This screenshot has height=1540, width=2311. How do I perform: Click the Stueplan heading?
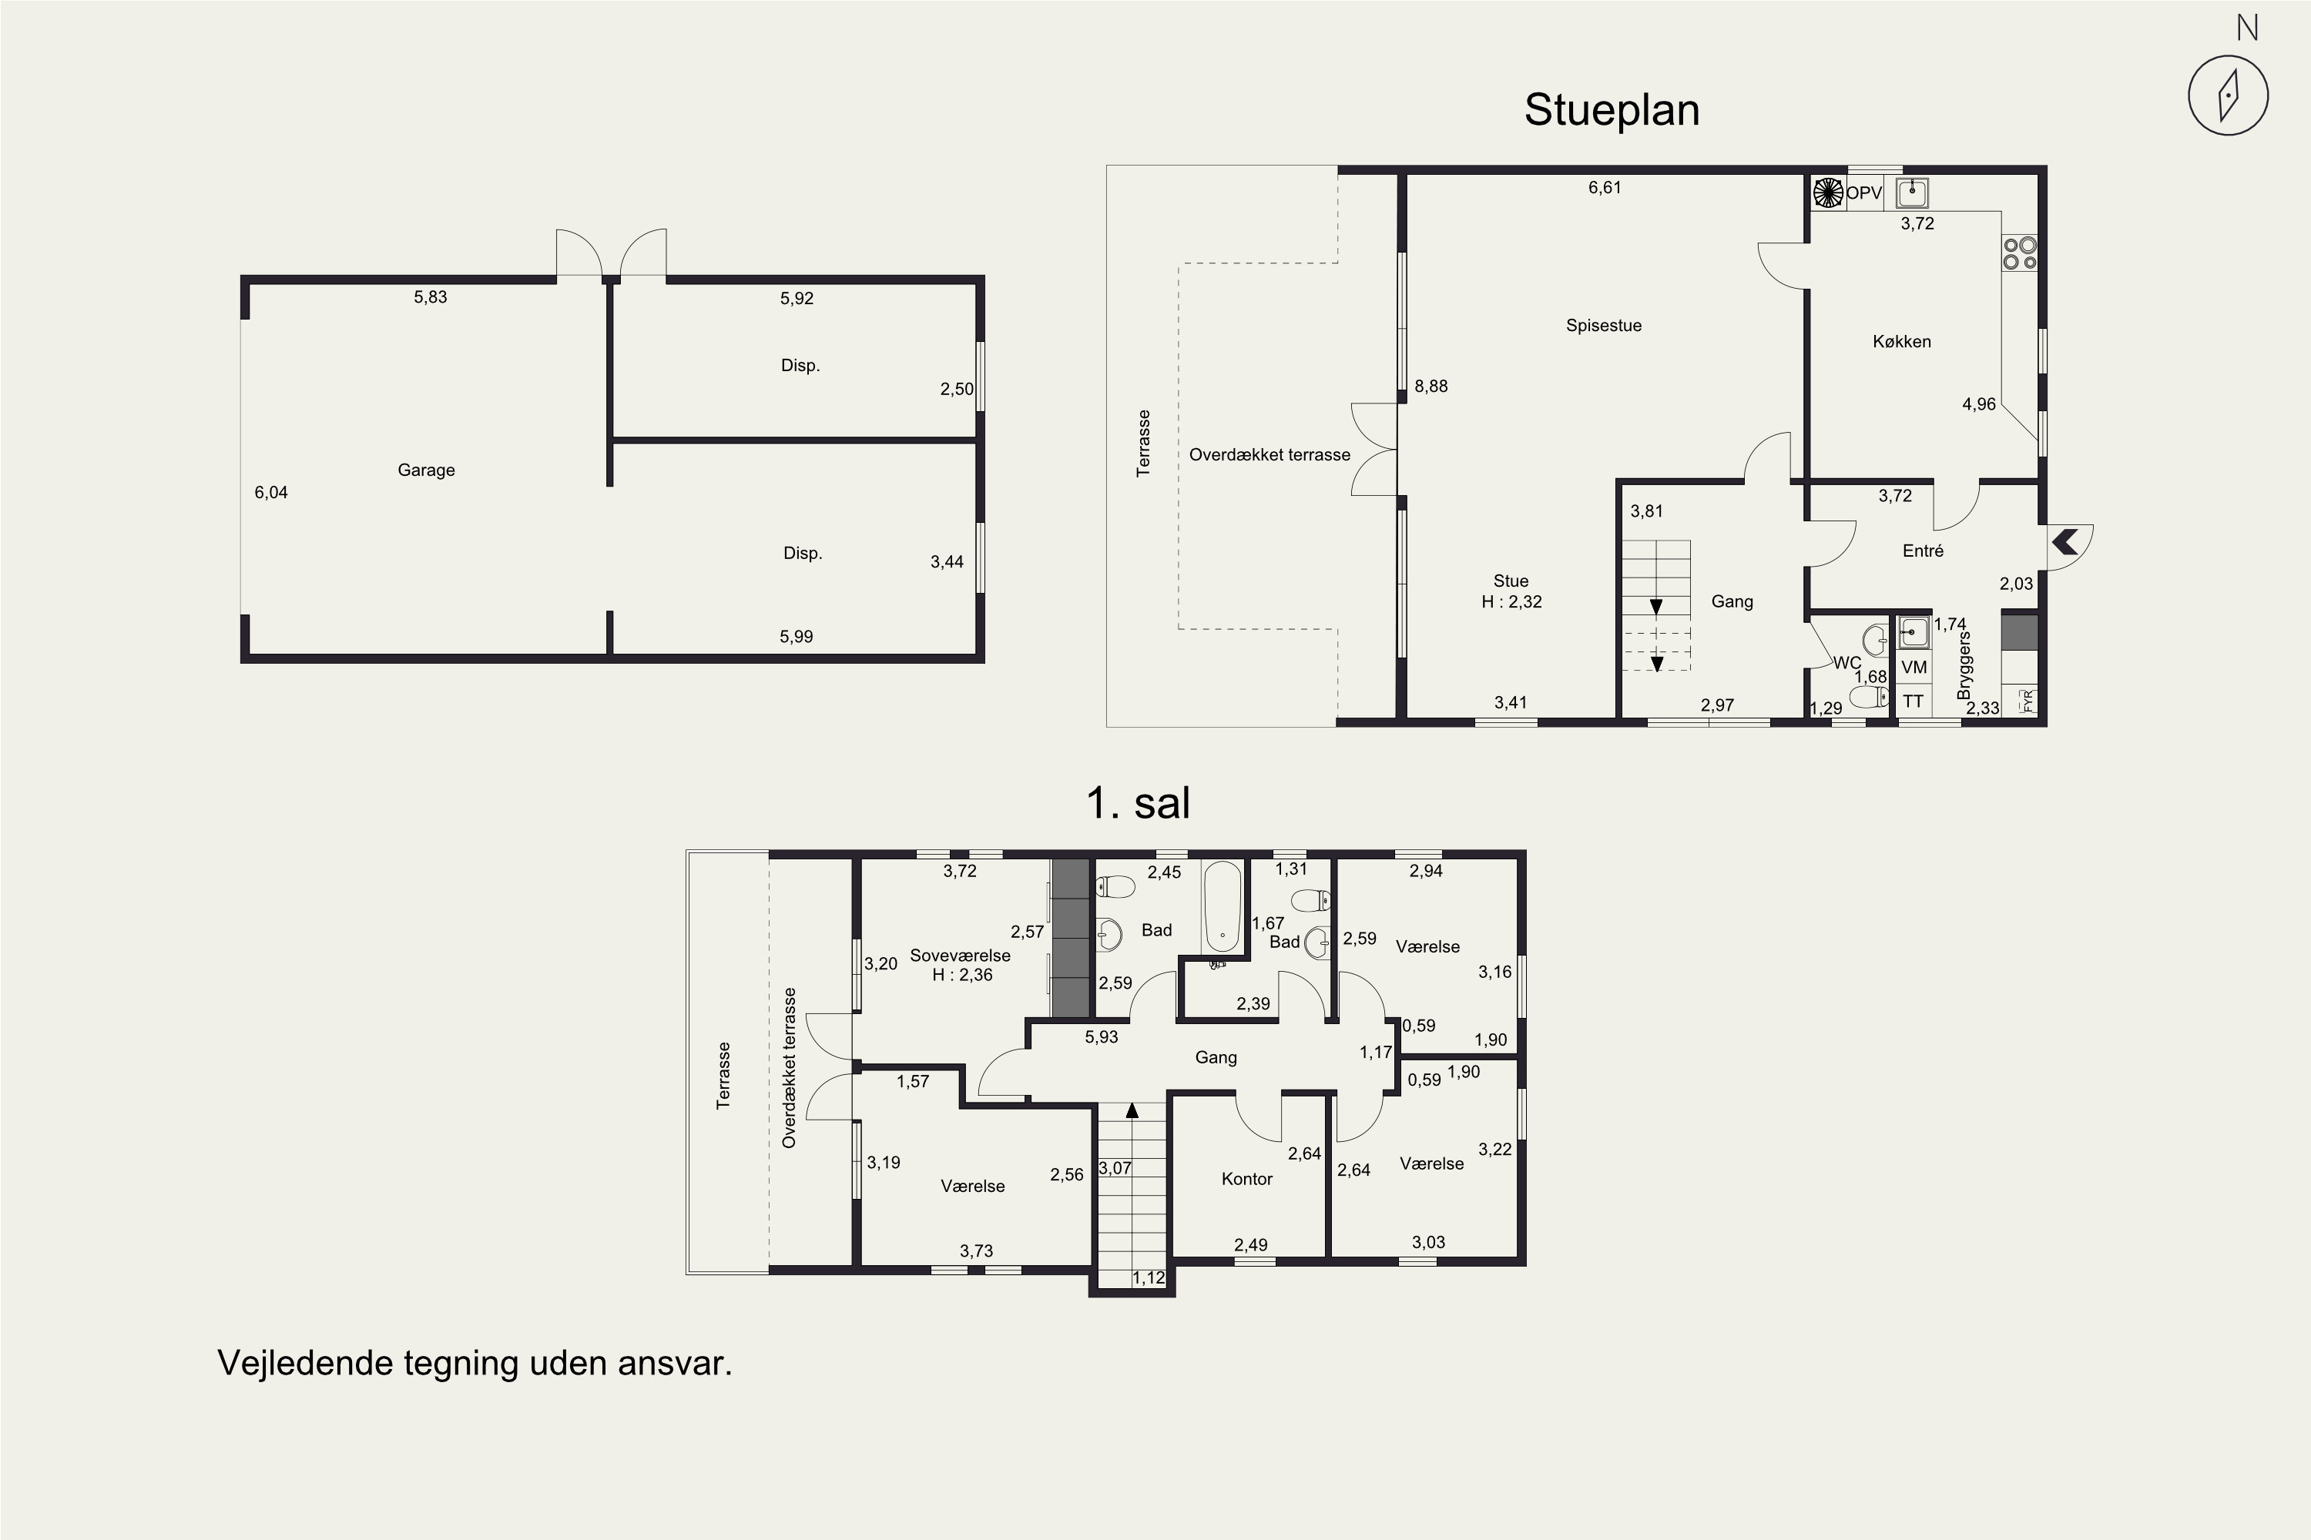(x=1612, y=110)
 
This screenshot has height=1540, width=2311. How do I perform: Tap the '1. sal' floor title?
(x=1138, y=803)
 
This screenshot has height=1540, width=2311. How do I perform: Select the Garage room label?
(x=427, y=470)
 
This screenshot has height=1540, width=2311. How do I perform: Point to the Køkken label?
(x=1901, y=342)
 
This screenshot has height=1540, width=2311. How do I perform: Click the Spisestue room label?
(x=1604, y=326)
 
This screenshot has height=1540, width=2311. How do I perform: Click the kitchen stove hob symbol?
(x=2020, y=253)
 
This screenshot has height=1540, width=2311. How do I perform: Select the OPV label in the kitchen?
(x=1864, y=193)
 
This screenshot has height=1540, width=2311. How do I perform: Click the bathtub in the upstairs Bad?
(x=1223, y=906)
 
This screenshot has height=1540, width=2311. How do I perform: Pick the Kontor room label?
(x=1247, y=1179)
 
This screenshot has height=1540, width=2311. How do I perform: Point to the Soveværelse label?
(x=960, y=956)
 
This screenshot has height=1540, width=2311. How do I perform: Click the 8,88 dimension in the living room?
(x=1431, y=386)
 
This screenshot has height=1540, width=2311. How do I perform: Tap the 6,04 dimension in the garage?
(x=271, y=492)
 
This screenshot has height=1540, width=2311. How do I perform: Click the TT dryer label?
(x=1913, y=701)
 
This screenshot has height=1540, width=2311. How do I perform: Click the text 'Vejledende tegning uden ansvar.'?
(x=475, y=1363)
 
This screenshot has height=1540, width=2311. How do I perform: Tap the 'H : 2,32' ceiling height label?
(x=1512, y=602)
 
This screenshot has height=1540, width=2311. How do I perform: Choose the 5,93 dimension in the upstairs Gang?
(x=1102, y=1036)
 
